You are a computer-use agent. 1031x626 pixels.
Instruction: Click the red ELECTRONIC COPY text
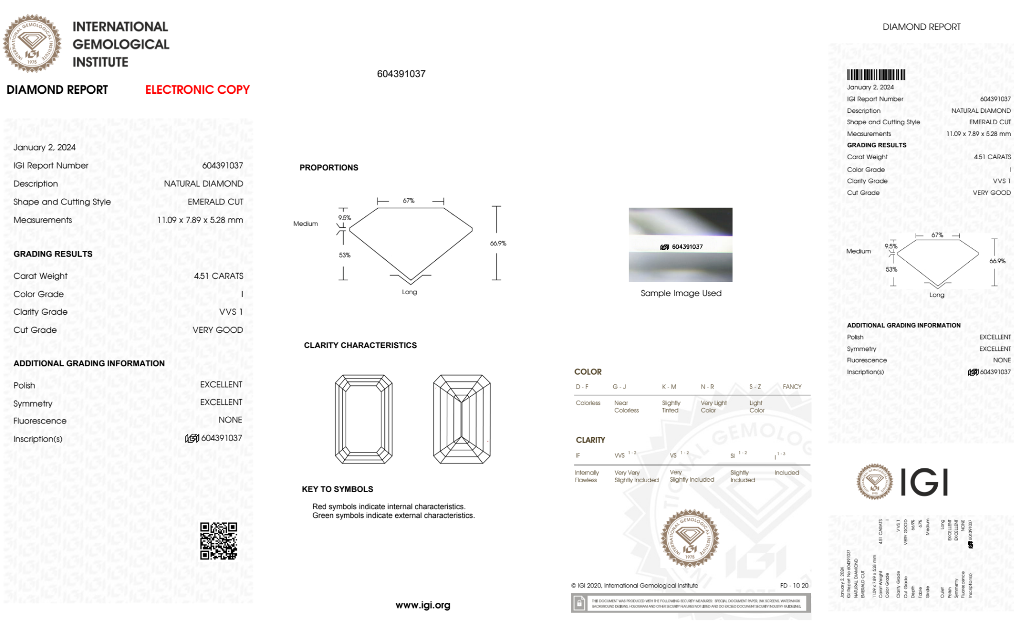coord(197,90)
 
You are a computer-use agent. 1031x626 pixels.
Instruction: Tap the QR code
coord(218,540)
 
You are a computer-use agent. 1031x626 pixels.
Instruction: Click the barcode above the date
coord(876,75)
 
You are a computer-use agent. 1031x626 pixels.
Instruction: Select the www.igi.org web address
coord(422,605)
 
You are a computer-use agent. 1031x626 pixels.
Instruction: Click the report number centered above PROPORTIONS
coord(401,74)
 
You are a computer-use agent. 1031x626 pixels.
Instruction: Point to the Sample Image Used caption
coord(681,293)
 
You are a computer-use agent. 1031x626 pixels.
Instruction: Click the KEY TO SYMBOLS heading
coord(337,489)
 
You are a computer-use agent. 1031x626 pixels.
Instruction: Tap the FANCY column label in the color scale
coord(792,386)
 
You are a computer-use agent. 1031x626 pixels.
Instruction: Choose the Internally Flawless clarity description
coord(586,476)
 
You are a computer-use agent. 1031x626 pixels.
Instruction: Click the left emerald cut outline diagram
coord(363,419)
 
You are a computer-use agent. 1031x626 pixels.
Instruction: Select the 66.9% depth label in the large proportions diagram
coord(498,243)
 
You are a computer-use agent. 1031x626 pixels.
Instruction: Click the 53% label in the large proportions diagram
coord(345,255)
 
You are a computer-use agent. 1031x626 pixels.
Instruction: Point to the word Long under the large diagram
coord(410,292)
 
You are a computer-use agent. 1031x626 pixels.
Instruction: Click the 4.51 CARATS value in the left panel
coord(218,276)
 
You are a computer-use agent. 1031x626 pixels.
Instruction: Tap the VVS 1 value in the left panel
coord(231,312)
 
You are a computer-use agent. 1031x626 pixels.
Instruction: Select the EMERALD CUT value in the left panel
coord(215,201)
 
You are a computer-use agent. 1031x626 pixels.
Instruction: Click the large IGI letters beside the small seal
coord(924,482)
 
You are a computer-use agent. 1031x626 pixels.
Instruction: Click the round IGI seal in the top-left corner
coord(32,44)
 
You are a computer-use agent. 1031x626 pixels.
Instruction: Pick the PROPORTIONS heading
coord(329,167)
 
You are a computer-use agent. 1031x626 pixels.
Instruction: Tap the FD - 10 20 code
coord(794,585)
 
